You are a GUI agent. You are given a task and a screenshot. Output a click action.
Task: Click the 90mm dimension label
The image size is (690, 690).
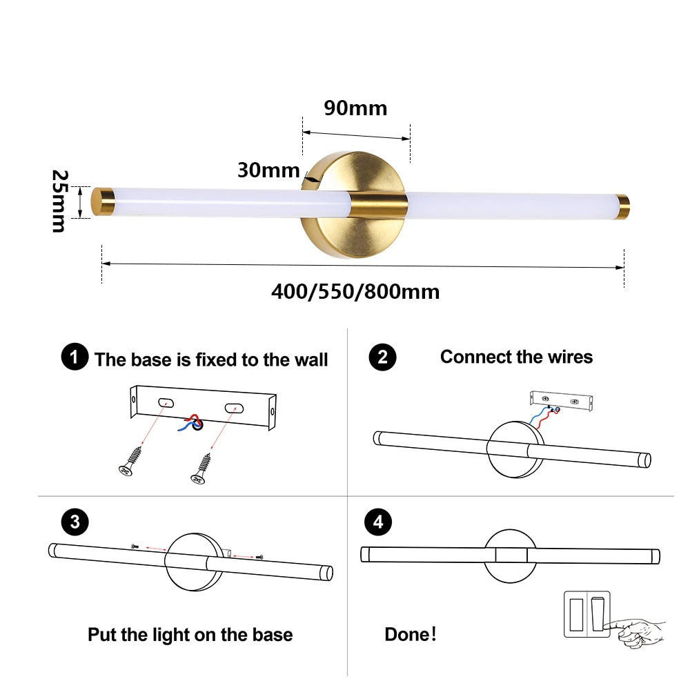pyautogui.click(x=355, y=108)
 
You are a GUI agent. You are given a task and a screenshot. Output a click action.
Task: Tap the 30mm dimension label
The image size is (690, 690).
pyautogui.click(x=268, y=170)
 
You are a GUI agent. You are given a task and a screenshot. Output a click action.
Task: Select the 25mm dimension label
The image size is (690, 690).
pyautogui.click(x=59, y=201)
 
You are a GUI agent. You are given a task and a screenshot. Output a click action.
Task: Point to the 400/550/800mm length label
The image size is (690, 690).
pyautogui.click(x=355, y=291)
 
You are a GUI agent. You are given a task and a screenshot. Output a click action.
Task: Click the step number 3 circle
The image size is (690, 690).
pyautogui.click(x=75, y=522)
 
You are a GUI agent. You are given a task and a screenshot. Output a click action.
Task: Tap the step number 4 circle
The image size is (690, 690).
pyautogui.click(x=377, y=522)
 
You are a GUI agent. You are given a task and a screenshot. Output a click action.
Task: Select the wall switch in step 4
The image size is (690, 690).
pyautogui.click(x=586, y=613)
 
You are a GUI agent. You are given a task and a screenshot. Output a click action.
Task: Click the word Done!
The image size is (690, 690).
pyautogui.click(x=410, y=634)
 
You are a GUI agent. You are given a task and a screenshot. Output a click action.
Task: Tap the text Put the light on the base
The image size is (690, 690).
pyautogui.click(x=190, y=635)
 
